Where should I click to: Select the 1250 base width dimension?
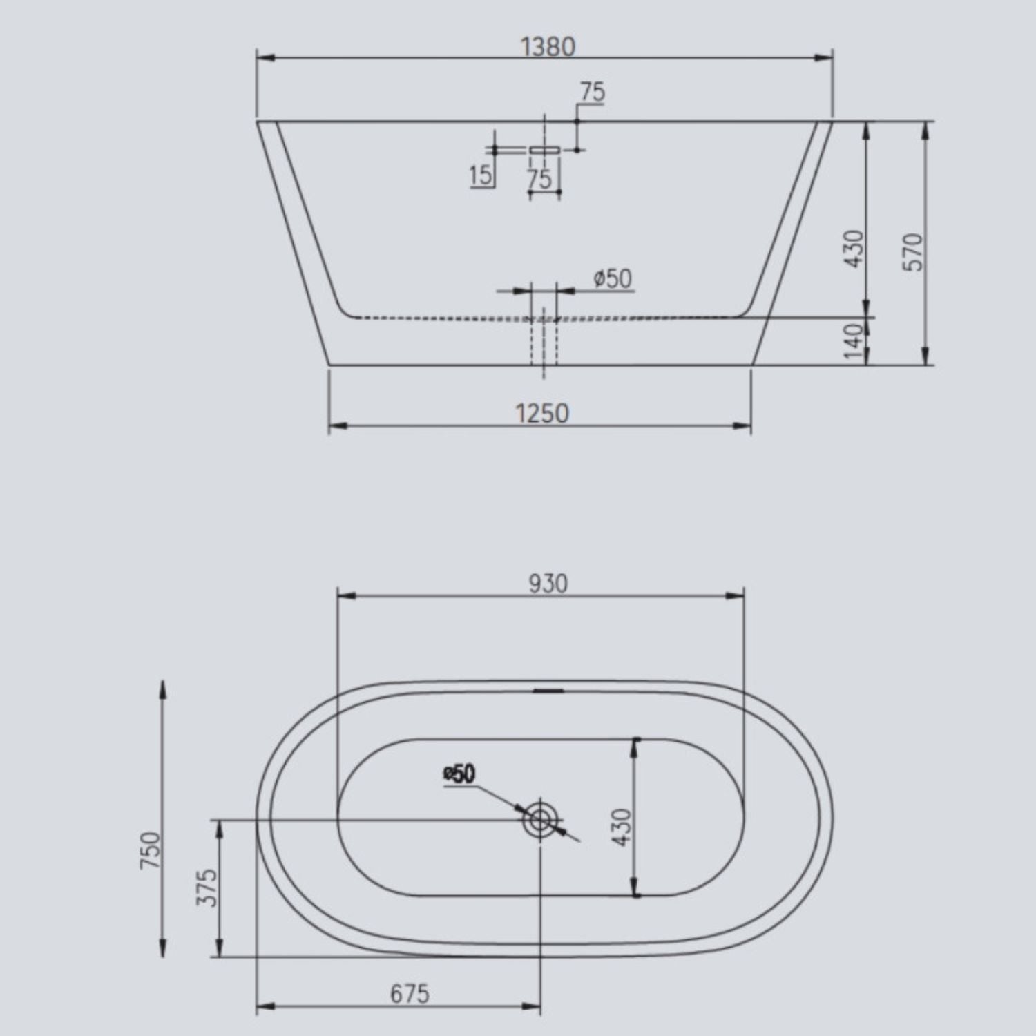pyautogui.click(x=543, y=413)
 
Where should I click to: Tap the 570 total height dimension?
pyautogui.click(x=913, y=252)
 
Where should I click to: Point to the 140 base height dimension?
pyautogui.click(x=854, y=341)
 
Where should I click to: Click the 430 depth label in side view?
pyautogui.click(x=854, y=249)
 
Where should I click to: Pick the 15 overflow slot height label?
pyautogui.click(x=481, y=175)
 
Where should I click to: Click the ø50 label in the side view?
pyautogui.click(x=613, y=278)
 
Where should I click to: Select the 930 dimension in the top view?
pyautogui.click(x=548, y=584)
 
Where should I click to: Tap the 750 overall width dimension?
pyautogui.click(x=151, y=851)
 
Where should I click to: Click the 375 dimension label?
pyautogui.click(x=208, y=888)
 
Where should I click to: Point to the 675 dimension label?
pyautogui.click(x=410, y=994)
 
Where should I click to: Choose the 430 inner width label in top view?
pyautogui.click(x=622, y=827)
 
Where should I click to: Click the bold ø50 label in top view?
pyautogui.click(x=460, y=774)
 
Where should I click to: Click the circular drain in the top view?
pyautogui.click(x=539, y=820)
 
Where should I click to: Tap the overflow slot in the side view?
pyautogui.click(x=544, y=149)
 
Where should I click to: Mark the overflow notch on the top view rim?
pyautogui.click(x=550, y=689)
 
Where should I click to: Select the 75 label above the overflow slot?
pyautogui.click(x=592, y=92)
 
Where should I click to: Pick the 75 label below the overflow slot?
pyautogui.click(x=540, y=178)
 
